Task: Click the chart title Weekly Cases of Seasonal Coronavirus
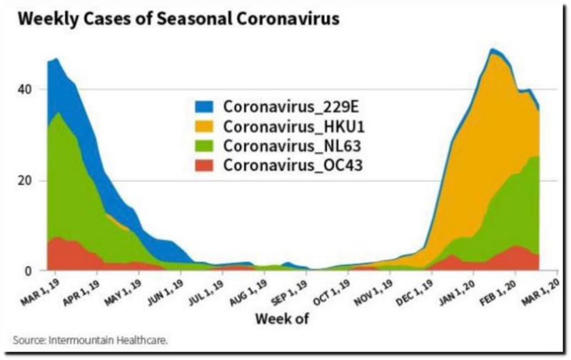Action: (178, 19)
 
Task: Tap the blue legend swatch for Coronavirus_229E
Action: (206, 108)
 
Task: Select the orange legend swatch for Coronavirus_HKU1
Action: (206, 127)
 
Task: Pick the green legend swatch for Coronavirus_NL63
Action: (206, 146)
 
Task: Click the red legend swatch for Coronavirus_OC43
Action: (206, 166)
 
